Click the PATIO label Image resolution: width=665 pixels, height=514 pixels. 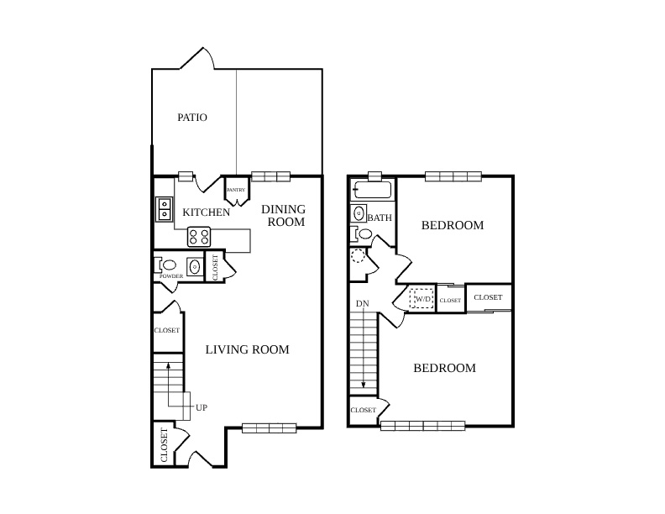point(192,118)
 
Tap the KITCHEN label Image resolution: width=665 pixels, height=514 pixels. point(206,212)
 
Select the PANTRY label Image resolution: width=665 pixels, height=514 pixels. point(236,190)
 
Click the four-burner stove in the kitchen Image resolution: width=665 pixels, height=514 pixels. point(199,237)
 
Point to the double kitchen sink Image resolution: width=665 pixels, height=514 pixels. point(164,209)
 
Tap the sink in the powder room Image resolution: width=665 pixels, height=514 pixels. point(195,267)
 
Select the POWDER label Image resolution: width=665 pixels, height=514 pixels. point(171,276)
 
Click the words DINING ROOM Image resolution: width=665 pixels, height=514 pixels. point(283,216)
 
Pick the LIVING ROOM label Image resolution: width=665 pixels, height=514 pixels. point(247,349)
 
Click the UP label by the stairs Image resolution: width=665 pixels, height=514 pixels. point(202,407)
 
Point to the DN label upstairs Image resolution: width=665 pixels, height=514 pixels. point(363,304)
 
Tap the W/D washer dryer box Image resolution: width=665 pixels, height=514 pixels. point(422,298)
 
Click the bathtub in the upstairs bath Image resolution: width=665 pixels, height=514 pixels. point(373,190)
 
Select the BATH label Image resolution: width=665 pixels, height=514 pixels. point(380,218)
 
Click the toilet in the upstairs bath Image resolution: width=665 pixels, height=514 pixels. point(361,233)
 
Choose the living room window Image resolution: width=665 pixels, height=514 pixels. point(269,428)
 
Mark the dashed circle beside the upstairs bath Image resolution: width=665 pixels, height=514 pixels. point(358,256)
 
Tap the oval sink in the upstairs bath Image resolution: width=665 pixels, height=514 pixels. point(359,212)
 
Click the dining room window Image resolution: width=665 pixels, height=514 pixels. point(270,176)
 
